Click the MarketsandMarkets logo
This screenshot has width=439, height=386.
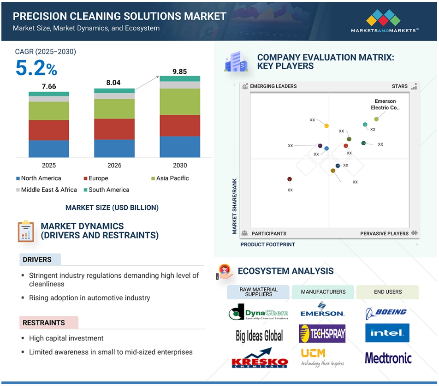coord(385,21)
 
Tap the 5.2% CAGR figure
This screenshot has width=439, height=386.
coord(36,68)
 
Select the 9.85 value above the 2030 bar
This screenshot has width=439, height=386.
coord(179,71)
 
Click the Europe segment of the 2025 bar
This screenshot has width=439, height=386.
coord(49,130)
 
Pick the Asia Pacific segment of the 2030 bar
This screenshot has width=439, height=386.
coord(180,101)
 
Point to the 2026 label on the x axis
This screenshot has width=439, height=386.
coord(114,166)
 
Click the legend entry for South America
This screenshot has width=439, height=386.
coord(107,190)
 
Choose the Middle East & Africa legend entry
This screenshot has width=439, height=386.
coord(47,190)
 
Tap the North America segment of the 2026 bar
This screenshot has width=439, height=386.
coord(114,148)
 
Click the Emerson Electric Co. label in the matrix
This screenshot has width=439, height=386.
coord(385,104)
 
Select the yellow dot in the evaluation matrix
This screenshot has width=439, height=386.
coord(326,126)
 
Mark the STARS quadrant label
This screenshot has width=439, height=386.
coord(399,86)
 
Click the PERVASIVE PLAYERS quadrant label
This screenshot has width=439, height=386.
coord(384,233)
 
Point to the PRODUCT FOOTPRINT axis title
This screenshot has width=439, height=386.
coord(267,244)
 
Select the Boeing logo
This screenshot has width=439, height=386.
coord(386,313)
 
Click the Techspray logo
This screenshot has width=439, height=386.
coord(322,333)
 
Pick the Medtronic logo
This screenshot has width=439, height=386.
coord(388,358)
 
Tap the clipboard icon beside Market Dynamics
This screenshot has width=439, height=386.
coord(26,231)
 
